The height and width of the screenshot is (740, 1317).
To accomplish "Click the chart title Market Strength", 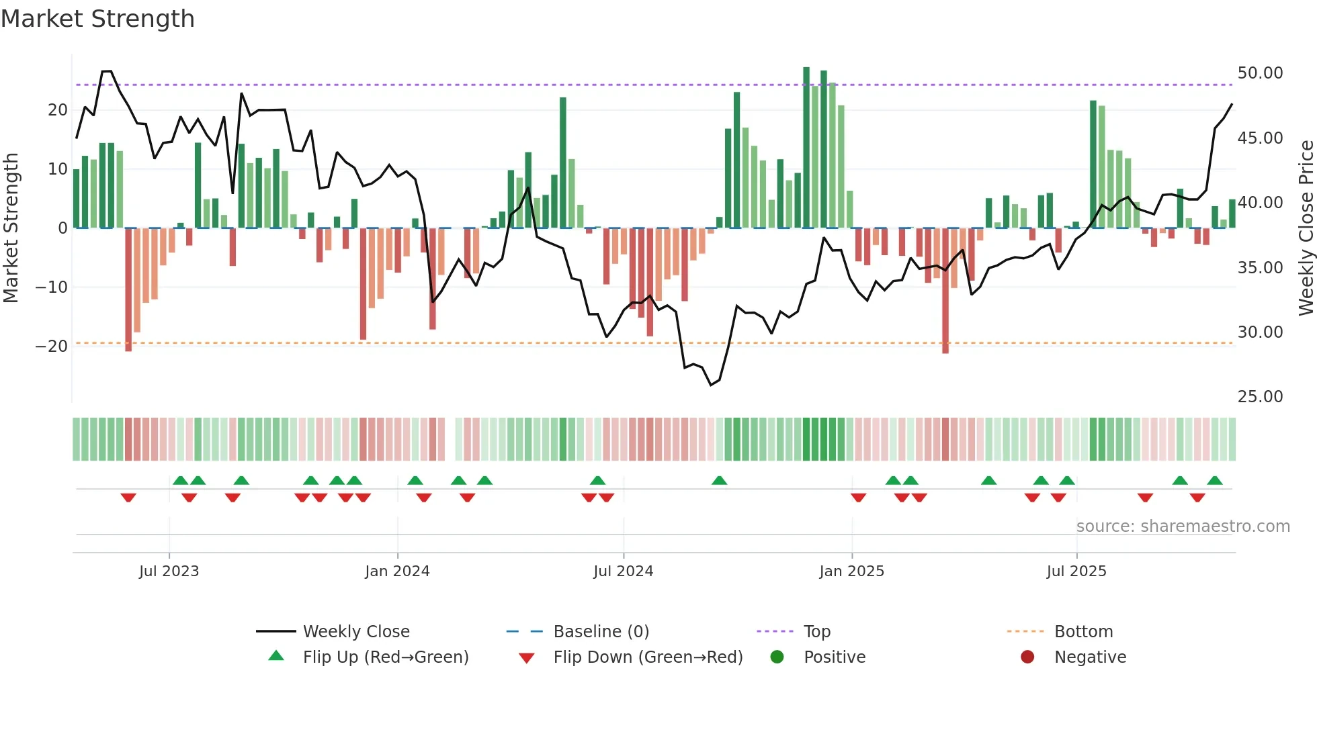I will pyautogui.click(x=97, y=19).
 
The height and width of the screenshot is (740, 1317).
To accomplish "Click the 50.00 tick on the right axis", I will pyautogui.click(x=1260, y=73).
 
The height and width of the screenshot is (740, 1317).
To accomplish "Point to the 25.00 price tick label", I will pyautogui.click(x=1260, y=396).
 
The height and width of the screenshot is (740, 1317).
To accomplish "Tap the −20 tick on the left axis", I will pyautogui.click(x=52, y=346).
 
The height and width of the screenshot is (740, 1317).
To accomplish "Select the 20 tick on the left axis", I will pyautogui.click(x=58, y=109).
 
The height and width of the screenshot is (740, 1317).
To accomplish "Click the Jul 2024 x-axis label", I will pyautogui.click(x=623, y=571).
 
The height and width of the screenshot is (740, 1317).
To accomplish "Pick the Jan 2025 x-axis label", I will pyautogui.click(x=851, y=571).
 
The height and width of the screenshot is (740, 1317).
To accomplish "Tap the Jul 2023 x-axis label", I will pyautogui.click(x=169, y=571).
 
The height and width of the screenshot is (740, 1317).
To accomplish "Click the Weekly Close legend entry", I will pyautogui.click(x=356, y=631).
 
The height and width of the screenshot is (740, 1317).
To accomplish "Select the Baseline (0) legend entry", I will pyautogui.click(x=601, y=631).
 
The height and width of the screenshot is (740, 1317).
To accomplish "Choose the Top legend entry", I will pyautogui.click(x=817, y=631).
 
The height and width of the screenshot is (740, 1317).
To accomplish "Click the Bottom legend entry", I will pyautogui.click(x=1083, y=631).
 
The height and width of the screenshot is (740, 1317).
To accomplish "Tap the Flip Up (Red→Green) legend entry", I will pyautogui.click(x=385, y=657).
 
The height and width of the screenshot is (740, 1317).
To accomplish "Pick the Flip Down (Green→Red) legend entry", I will pyautogui.click(x=648, y=657).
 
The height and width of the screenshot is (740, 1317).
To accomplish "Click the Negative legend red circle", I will pyautogui.click(x=1027, y=657).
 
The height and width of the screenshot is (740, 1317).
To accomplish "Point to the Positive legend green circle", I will pyautogui.click(x=777, y=657).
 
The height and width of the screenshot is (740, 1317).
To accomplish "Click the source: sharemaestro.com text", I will pyautogui.click(x=1183, y=526).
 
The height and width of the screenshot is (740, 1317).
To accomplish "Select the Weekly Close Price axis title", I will pyautogui.click(x=1306, y=228).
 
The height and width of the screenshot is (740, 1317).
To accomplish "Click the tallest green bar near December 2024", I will pyautogui.click(x=806, y=148).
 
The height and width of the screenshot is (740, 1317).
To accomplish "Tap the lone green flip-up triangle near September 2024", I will pyautogui.click(x=719, y=480).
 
